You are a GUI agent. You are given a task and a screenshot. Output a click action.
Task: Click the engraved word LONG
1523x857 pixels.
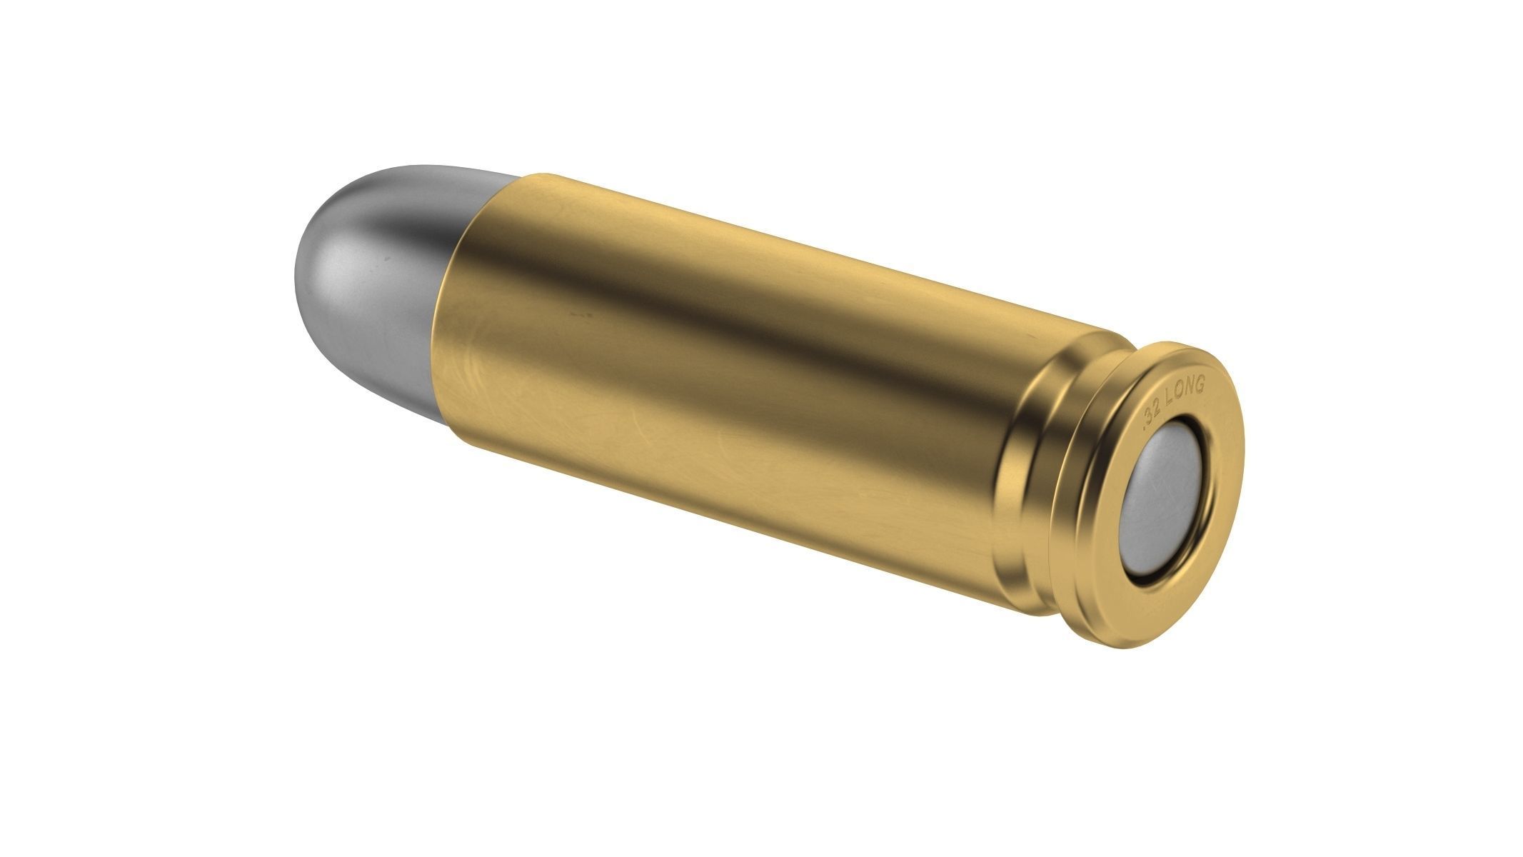(1185, 392)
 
